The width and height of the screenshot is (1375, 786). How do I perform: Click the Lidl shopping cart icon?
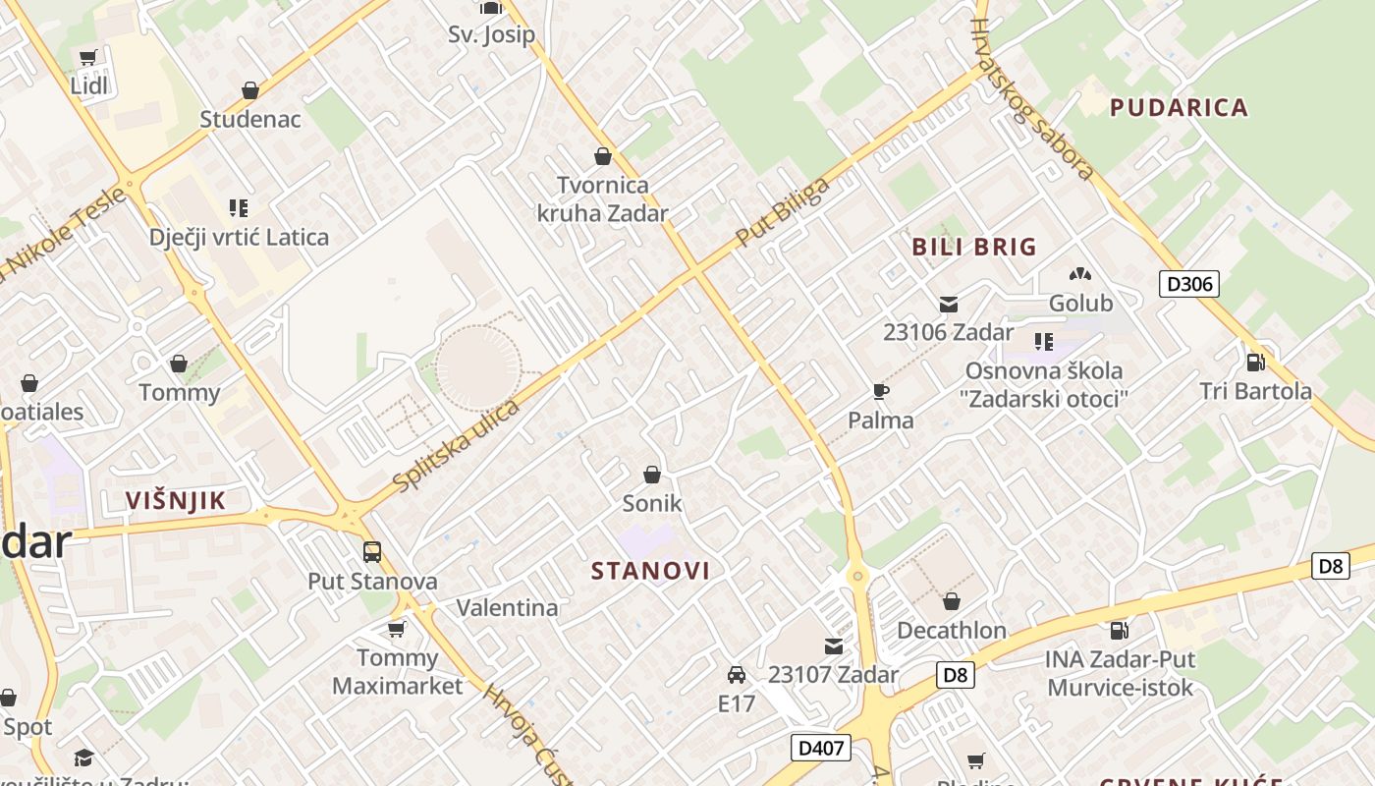88,58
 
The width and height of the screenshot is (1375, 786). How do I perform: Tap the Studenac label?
250,119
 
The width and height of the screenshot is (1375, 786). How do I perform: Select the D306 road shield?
1189,284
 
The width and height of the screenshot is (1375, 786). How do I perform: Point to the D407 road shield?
820,748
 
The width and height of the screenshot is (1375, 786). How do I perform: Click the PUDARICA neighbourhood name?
1179,107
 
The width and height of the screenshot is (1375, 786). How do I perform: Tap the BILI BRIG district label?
974,247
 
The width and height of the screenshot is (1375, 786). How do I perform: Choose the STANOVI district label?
651,571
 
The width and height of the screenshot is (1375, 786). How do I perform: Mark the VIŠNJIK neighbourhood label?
176,500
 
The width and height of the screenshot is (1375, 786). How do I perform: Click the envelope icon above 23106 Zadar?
949,304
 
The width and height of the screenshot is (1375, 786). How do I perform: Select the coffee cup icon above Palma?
881,392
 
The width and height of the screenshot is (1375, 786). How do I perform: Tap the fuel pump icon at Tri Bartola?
1255,362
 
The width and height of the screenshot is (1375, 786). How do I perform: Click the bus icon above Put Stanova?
371,552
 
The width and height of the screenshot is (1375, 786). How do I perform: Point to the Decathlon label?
952,630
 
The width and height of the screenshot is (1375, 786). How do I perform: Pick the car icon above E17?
736,675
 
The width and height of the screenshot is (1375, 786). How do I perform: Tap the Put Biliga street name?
783,211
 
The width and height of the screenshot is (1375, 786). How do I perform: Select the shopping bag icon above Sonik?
651,476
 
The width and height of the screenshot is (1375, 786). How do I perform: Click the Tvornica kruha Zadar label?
602,198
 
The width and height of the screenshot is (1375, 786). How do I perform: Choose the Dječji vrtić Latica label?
239,237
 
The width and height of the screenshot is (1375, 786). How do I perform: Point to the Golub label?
1080,303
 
